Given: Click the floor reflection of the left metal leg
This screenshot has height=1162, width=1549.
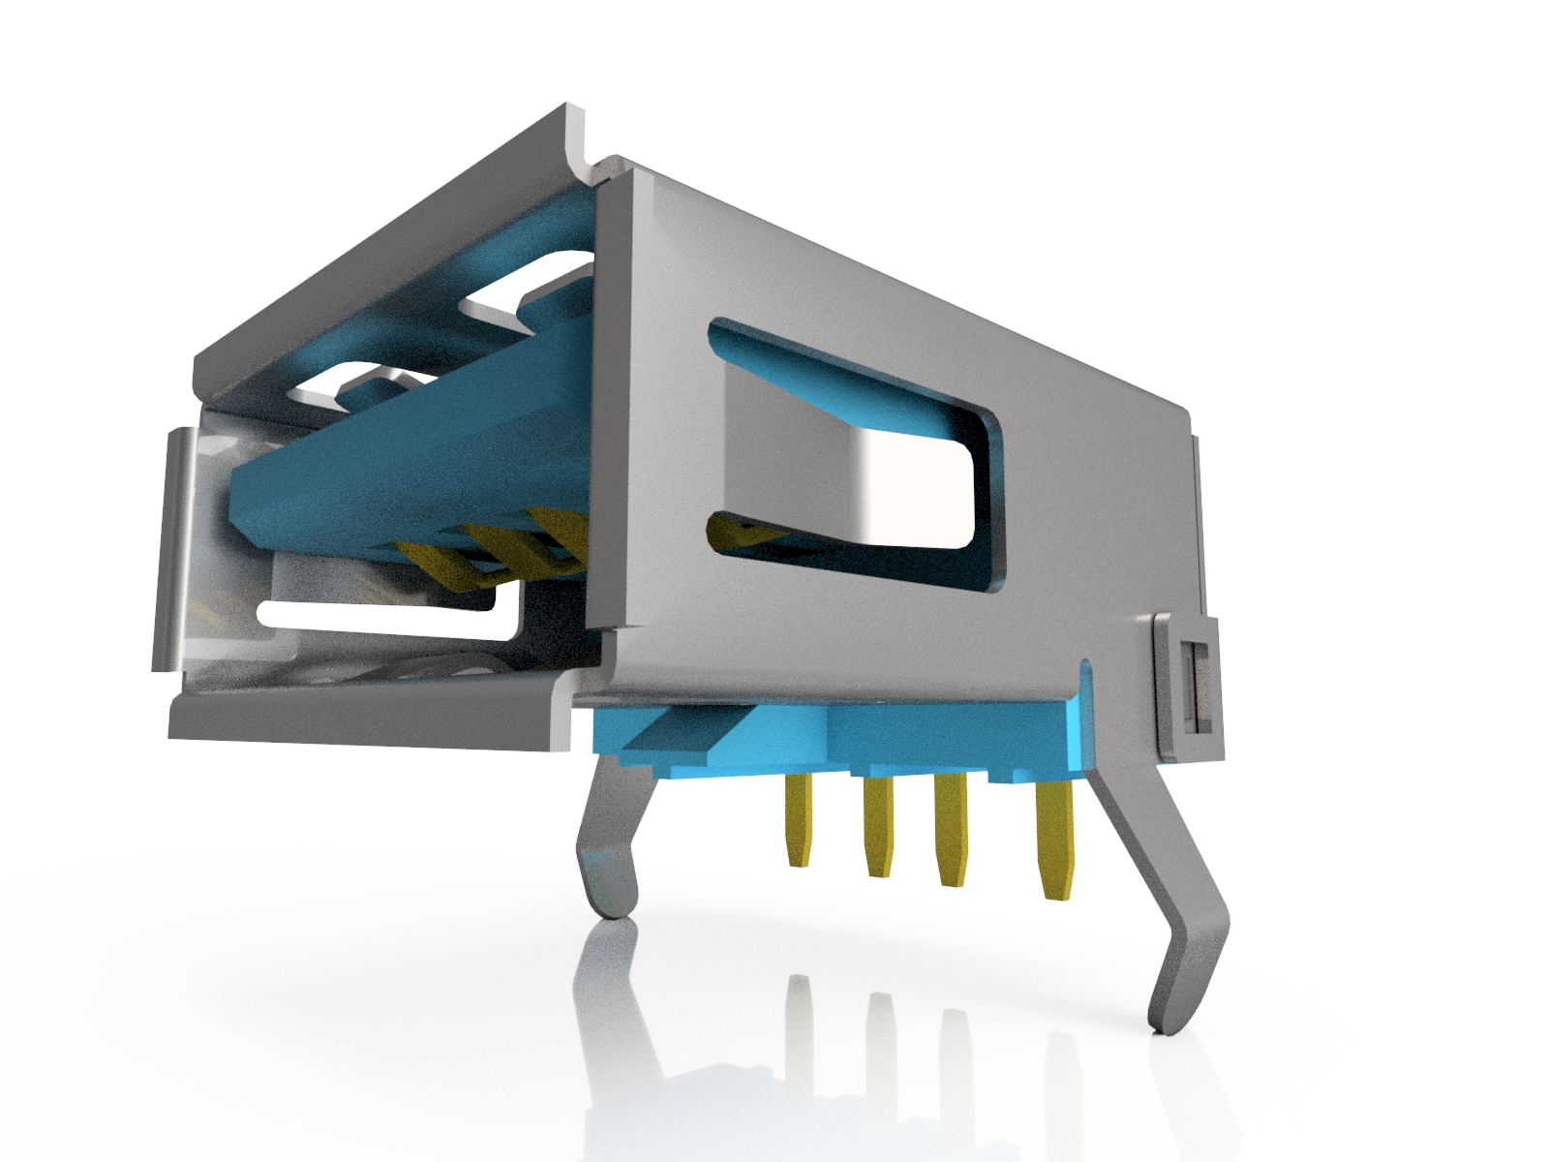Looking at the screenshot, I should [605, 978].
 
